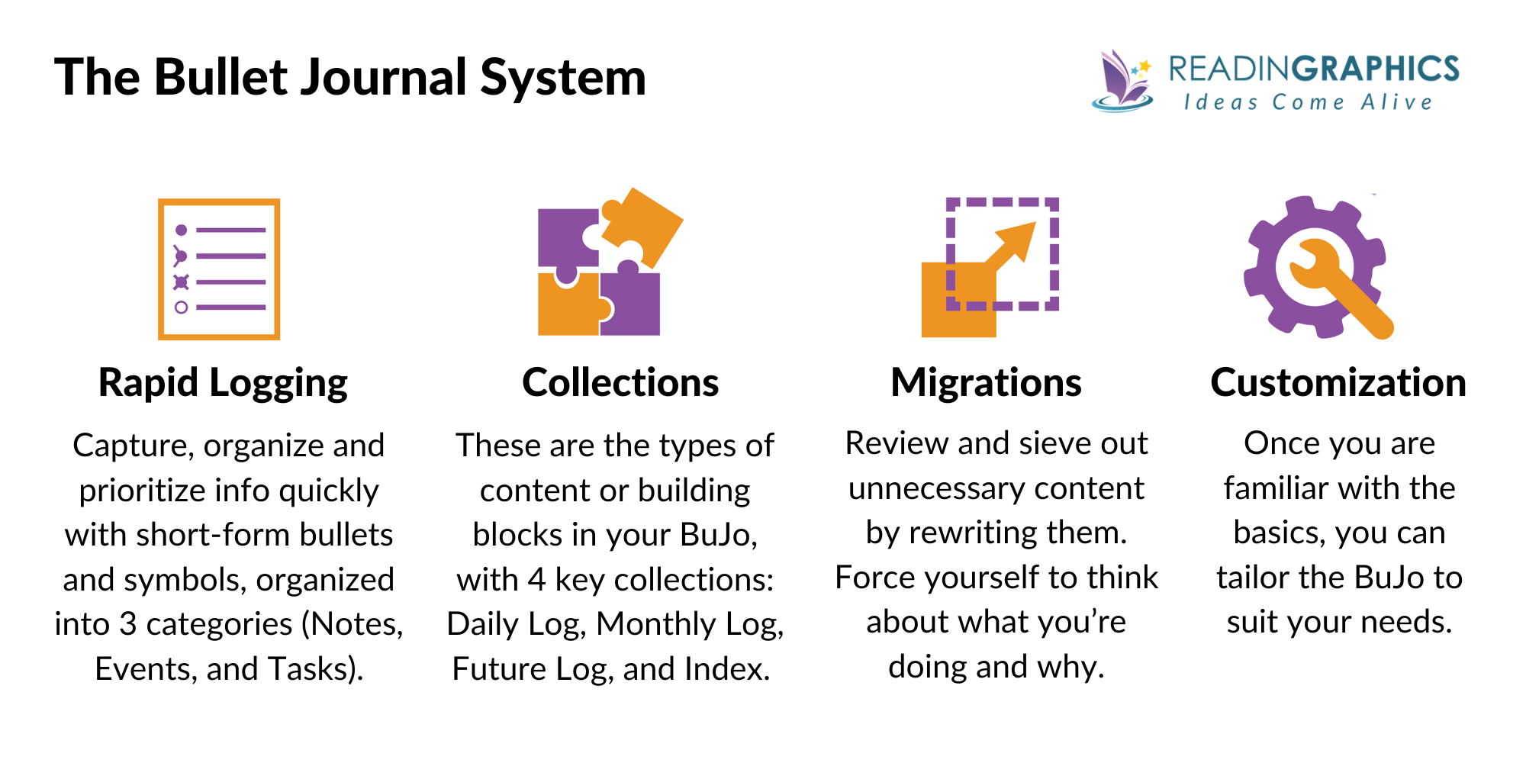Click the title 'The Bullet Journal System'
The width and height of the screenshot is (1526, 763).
pos(350,78)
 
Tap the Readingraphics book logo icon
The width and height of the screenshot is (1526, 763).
pos(1122,81)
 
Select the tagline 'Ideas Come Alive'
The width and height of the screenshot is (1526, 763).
pos(1308,102)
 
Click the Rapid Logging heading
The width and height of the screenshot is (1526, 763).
pos(223,382)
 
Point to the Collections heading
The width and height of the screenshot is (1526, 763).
pos(620,382)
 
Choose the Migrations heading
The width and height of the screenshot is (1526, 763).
pos(986,382)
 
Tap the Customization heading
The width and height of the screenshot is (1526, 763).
pos(1338,382)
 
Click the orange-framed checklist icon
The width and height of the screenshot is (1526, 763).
pos(219,269)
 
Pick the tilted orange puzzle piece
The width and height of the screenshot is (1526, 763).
pos(642,223)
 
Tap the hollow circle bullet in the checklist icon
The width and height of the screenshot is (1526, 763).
pos(181,307)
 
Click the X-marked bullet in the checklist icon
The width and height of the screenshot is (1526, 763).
pos(181,282)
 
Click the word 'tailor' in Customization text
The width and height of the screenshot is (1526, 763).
pos(1253,578)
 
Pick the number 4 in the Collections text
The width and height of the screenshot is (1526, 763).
pos(536,580)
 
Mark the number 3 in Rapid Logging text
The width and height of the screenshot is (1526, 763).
pos(127,624)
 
